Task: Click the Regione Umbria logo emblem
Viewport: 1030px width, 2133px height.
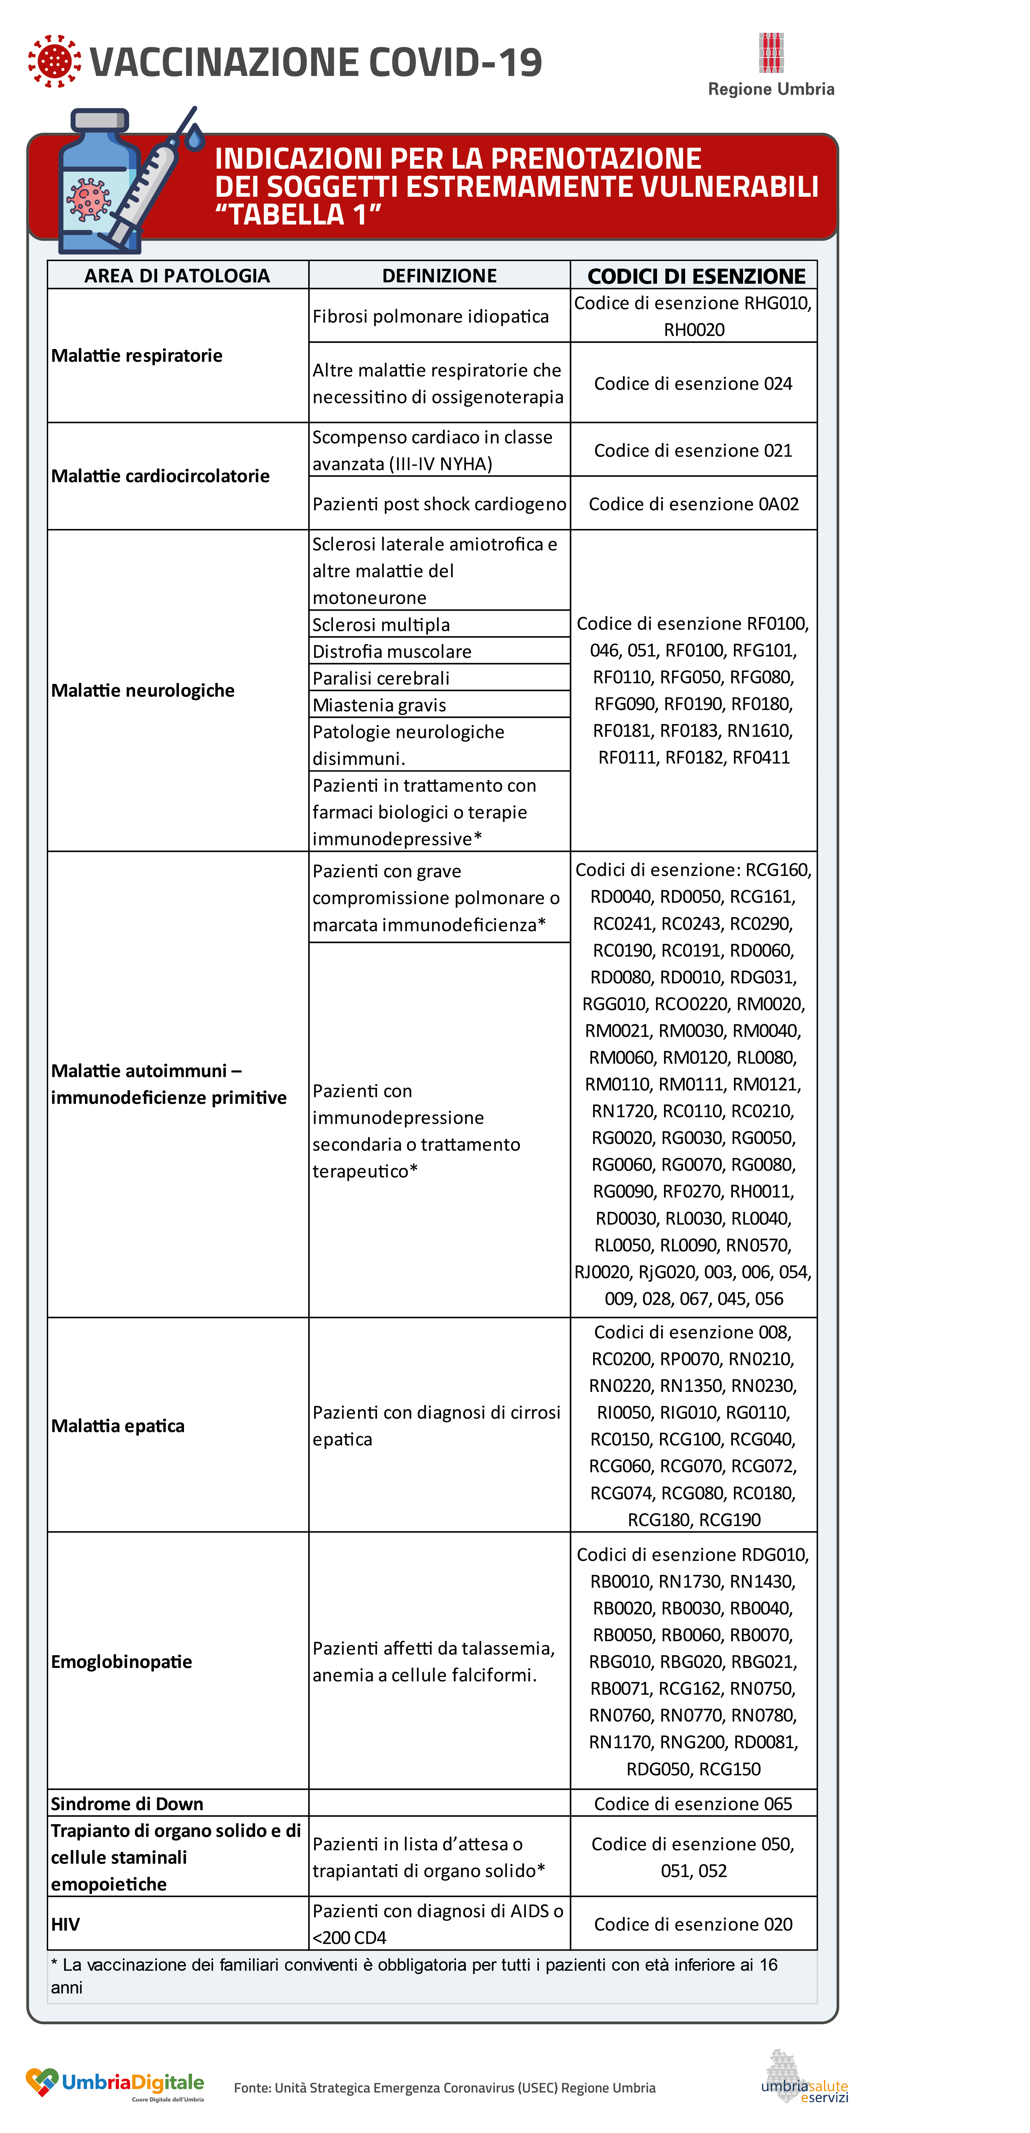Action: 771,53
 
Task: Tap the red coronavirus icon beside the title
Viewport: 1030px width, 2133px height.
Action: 55,61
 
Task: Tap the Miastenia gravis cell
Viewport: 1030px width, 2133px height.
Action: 379,705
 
